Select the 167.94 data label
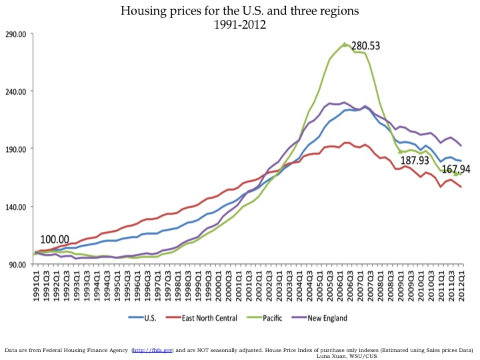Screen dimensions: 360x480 pyautogui.click(x=457, y=169)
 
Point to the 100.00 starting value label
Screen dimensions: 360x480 pyautogui.click(x=55, y=239)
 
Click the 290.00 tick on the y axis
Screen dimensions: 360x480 pyautogui.click(x=16, y=34)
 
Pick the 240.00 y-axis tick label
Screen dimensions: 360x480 pyautogui.click(x=16, y=91)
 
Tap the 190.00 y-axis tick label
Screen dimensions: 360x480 pyautogui.click(x=16, y=149)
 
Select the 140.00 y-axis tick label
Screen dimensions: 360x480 pyautogui.click(x=16, y=207)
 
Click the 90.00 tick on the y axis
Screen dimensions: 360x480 pyautogui.click(x=18, y=265)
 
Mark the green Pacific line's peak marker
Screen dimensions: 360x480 pyautogui.click(x=344, y=45)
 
